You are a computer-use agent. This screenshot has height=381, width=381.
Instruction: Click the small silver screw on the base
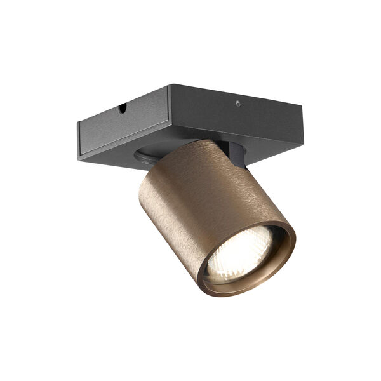point(237,103)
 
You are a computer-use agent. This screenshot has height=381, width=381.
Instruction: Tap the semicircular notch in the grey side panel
point(122,109)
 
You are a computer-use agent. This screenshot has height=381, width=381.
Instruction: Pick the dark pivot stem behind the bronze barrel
point(236,156)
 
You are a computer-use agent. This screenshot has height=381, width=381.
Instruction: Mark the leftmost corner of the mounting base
point(78,122)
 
